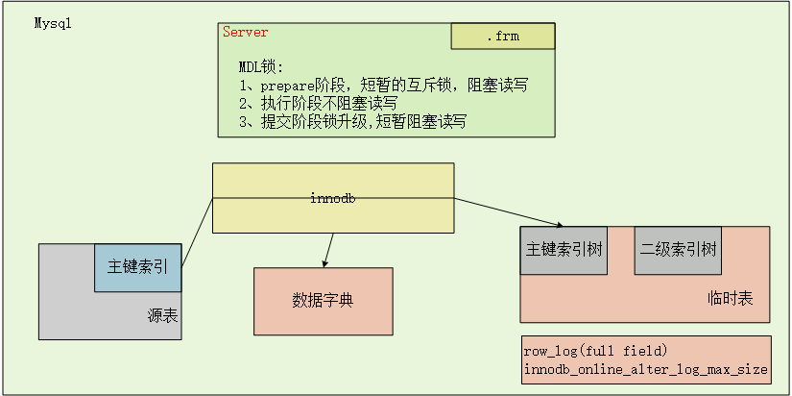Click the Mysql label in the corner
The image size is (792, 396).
[x=53, y=24]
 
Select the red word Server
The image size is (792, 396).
[x=246, y=33]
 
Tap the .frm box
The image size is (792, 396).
[x=503, y=36]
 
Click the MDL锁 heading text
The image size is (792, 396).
[x=262, y=67]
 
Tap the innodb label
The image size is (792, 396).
[x=333, y=199]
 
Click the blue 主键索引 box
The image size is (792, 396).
[x=138, y=267]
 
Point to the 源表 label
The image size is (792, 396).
[x=162, y=316]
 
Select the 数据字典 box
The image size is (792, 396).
[x=324, y=301]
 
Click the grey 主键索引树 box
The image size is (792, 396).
[x=564, y=250]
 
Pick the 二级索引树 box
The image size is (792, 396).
[x=678, y=250]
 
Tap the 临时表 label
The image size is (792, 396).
[x=731, y=298]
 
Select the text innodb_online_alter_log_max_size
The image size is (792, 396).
[x=645, y=369]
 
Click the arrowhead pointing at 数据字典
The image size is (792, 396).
[x=324, y=263]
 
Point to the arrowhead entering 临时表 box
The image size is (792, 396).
[x=559, y=225]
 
